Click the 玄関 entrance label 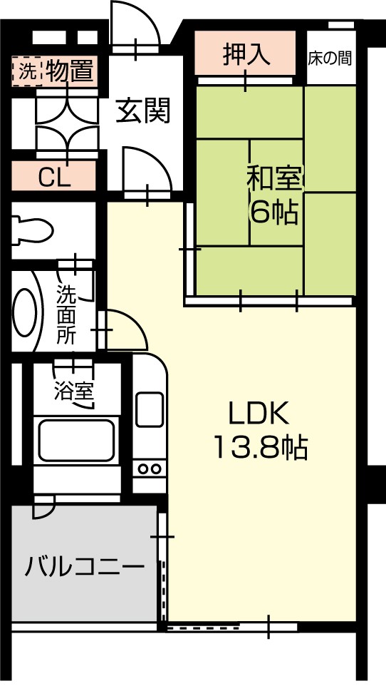(x=143, y=111)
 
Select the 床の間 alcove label (x=330, y=58)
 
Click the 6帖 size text (x=274, y=213)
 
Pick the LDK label (x=259, y=414)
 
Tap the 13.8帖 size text (x=261, y=447)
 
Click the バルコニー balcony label (x=84, y=567)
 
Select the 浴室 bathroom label (x=73, y=391)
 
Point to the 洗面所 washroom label (x=66, y=314)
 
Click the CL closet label (x=55, y=177)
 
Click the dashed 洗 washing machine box (x=27, y=71)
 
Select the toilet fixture (x=32, y=229)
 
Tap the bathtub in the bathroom (x=76, y=440)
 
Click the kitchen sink (x=150, y=409)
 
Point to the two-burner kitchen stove (x=149, y=469)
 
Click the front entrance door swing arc (x=135, y=23)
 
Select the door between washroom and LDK (x=127, y=329)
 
